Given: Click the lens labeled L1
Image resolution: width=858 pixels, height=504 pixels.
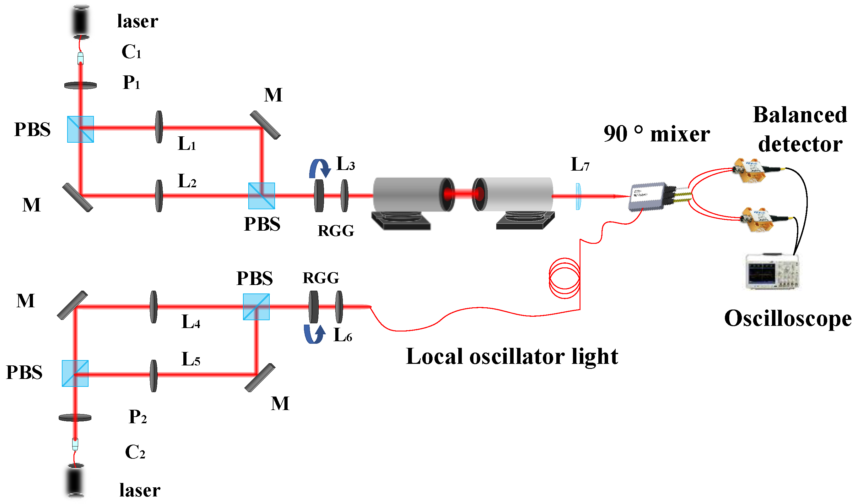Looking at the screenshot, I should click(x=159, y=127).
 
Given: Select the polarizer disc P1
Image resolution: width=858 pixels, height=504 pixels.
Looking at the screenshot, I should click(x=81, y=85).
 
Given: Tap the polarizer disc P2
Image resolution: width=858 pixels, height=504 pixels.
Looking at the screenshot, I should click(x=75, y=418).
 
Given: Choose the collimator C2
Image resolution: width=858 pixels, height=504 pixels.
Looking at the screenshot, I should click(x=75, y=444).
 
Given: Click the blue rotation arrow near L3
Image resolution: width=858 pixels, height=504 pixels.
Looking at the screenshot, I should click(x=320, y=168).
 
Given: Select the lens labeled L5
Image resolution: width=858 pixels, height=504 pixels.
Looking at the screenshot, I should click(x=154, y=376).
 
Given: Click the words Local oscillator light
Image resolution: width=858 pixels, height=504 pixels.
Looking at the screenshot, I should click(x=512, y=357).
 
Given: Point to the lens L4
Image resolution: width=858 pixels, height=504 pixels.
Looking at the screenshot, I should click(x=154, y=307).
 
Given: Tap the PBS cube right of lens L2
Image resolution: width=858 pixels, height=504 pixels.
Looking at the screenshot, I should click(x=262, y=196).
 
